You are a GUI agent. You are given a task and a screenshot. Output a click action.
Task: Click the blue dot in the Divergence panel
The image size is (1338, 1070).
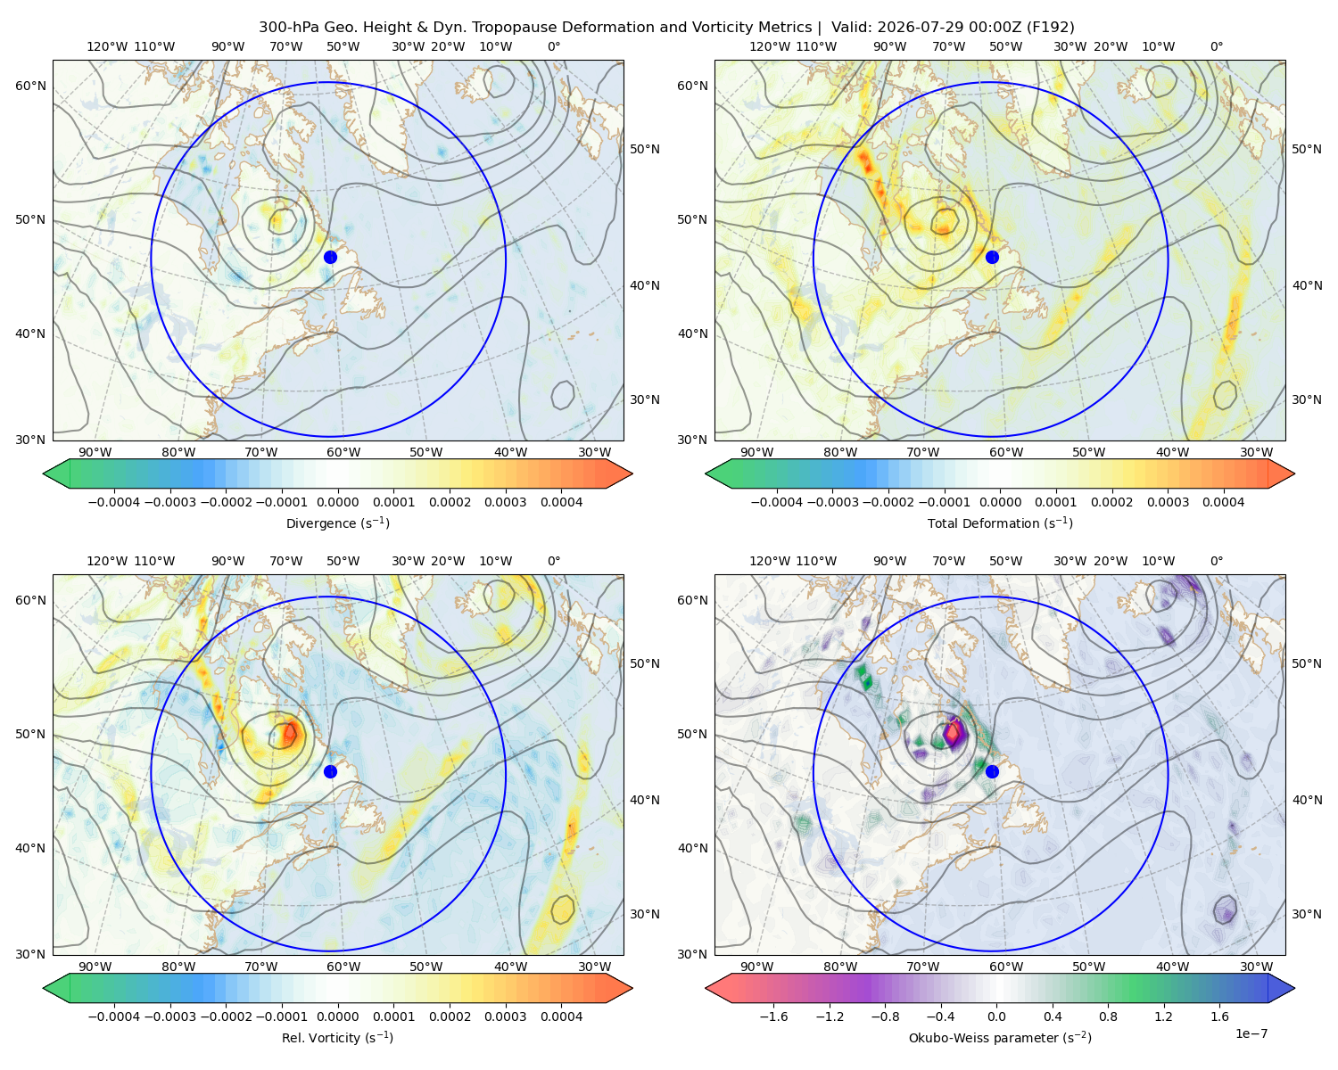click(x=330, y=257)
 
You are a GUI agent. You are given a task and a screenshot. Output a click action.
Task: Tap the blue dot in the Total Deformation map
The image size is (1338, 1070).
click(x=992, y=257)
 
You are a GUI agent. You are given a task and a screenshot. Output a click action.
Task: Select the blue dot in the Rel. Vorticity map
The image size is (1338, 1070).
click(x=330, y=771)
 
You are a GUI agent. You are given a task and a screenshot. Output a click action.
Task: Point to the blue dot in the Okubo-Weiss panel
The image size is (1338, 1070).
click(x=992, y=771)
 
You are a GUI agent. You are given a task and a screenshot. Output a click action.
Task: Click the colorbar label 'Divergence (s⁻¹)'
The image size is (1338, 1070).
click(x=337, y=523)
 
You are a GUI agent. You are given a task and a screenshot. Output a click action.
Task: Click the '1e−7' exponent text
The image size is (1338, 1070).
click(x=1251, y=1033)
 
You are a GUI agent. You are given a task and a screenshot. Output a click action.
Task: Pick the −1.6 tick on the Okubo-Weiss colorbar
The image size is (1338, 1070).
click(x=773, y=1017)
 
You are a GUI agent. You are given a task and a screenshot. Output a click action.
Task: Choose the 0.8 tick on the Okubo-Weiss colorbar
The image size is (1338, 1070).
click(x=1108, y=1017)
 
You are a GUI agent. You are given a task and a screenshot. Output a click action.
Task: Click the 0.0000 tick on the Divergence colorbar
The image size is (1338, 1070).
click(x=337, y=502)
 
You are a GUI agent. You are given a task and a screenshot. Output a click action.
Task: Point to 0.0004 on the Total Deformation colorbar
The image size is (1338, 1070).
click(x=1223, y=502)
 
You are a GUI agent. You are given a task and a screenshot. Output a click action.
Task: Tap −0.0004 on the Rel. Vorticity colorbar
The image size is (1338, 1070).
click(x=114, y=1017)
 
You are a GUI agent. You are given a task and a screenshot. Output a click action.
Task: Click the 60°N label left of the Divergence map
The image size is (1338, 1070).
click(x=30, y=86)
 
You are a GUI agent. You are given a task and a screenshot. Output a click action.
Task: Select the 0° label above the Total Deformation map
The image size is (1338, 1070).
click(x=1216, y=46)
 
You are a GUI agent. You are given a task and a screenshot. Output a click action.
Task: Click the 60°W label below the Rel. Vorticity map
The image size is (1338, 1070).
click(x=343, y=967)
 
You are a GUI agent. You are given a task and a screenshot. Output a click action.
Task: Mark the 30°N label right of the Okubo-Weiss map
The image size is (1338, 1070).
click(x=1307, y=914)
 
